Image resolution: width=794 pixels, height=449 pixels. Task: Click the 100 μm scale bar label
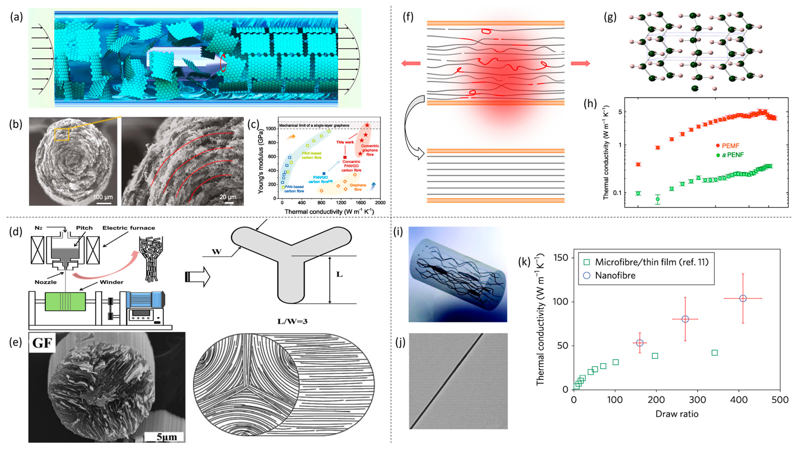[103, 197]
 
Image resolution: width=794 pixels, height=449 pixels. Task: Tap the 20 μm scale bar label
[228, 197]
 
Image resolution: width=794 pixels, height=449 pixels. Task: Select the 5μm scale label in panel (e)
[167, 437]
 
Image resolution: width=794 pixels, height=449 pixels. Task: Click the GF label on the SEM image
[42, 343]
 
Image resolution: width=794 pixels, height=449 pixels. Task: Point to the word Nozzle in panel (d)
[46, 282]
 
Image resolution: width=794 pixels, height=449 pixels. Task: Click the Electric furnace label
[129, 228]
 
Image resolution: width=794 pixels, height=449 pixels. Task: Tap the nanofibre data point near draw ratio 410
[743, 298]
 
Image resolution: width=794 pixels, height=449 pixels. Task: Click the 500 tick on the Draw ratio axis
[780, 400]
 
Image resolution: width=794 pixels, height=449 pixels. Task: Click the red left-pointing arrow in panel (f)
[411, 63]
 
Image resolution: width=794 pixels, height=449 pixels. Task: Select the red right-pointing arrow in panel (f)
[580, 63]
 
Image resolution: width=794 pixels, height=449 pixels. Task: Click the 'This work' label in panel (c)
[345, 142]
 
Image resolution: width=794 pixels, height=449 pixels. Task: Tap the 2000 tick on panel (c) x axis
[380, 203]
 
